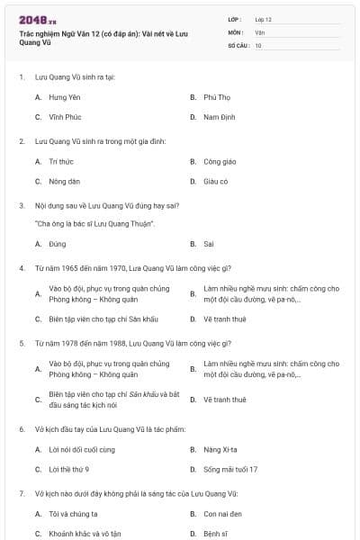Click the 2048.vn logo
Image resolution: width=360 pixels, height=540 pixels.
37,20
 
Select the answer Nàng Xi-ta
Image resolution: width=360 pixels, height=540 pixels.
220,448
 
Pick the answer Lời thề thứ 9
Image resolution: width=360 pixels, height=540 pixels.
69,469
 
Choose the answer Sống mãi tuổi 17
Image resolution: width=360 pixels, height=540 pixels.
230,469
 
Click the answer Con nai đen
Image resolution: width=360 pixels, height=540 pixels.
220,513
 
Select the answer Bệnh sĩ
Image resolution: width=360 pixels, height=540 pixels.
214,534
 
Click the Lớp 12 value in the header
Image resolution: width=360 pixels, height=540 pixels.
263,19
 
